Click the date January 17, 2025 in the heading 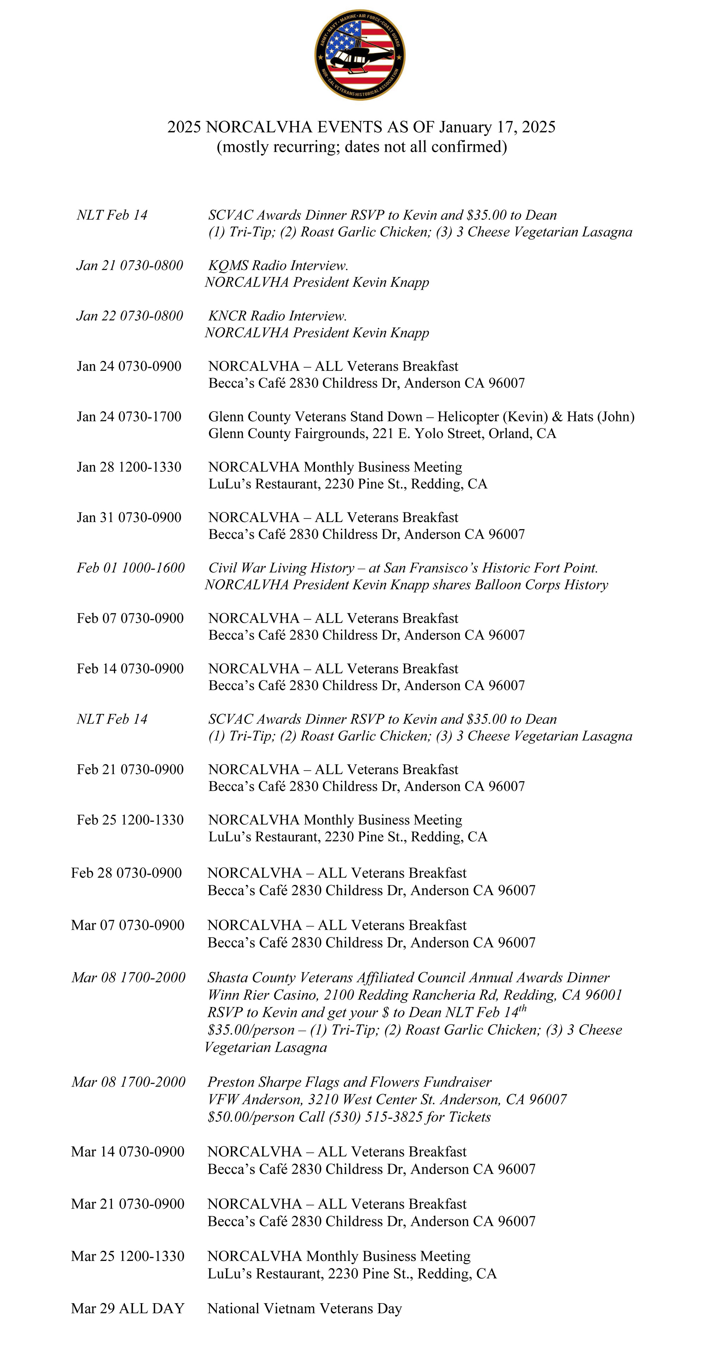(x=497, y=127)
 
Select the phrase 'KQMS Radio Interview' (x=277, y=266)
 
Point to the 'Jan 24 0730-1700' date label (x=129, y=416)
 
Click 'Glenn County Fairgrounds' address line (x=287, y=433)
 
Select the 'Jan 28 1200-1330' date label (x=129, y=467)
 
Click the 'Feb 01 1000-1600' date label (x=130, y=568)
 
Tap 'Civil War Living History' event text (x=281, y=568)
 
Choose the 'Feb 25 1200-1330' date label (x=130, y=820)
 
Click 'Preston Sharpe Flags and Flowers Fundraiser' (x=349, y=1082)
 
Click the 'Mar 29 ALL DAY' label (x=128, y=1308)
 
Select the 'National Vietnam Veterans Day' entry (x=304, y=1308)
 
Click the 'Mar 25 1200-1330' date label (x=128, y=1256)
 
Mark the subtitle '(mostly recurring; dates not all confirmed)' (x=362, y=147)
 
